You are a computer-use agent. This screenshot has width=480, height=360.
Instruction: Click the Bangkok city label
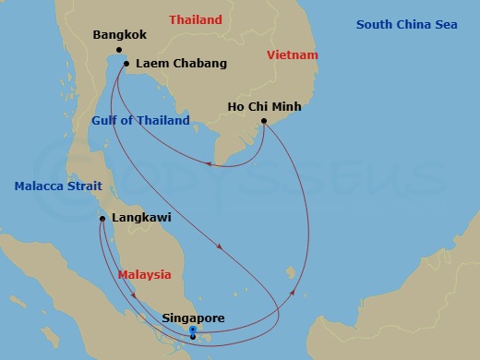point(121,36)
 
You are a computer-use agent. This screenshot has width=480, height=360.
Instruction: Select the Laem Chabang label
point(181,65)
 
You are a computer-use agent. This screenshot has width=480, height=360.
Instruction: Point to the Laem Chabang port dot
point(126,64)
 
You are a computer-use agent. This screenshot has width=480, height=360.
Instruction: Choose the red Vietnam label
point(292,55)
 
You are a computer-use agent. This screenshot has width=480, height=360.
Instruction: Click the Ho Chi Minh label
point(264,107)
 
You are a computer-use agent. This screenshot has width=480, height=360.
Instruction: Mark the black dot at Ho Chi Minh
point(264,121)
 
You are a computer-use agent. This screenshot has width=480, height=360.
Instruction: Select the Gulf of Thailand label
point(141,121)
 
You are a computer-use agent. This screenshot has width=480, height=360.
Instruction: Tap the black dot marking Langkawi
point(102,219)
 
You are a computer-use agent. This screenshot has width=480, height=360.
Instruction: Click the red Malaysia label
point(145,275)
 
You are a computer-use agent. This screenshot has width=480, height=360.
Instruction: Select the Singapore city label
point(193,318)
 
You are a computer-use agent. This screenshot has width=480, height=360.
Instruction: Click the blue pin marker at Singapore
point(191,331)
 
